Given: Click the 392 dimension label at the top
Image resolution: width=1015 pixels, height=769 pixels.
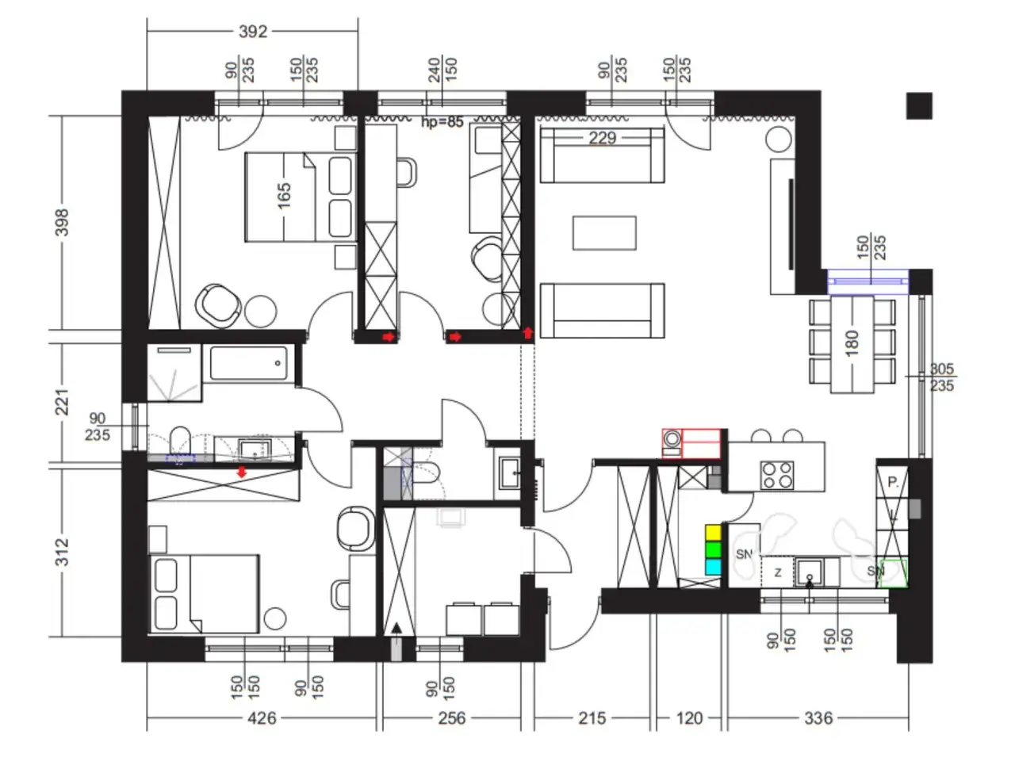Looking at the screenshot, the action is coord(252,32).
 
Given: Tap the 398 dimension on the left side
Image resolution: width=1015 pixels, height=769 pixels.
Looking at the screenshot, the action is coord(62,222).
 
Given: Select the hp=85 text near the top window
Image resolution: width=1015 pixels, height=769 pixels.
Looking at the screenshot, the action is coord(442,122).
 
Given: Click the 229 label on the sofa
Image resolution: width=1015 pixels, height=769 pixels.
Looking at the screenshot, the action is coord(602,138).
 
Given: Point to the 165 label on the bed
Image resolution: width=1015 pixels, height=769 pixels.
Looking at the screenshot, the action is coord(284,196).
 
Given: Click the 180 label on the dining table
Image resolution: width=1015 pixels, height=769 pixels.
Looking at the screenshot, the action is coord(852,343).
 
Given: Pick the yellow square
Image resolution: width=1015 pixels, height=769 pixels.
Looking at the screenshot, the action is coord(713,532).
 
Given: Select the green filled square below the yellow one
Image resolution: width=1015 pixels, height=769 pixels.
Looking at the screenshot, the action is coord(713,549).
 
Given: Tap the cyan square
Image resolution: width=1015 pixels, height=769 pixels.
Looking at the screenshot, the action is coord(713,567).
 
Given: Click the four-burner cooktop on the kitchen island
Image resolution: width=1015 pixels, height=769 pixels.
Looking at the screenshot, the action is coord(777,475).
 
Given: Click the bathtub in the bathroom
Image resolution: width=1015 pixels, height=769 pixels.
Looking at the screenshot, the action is coord(248,363).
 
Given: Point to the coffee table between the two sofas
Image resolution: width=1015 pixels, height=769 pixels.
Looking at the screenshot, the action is coord(604,233).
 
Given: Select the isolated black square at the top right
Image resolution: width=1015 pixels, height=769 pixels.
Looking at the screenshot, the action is coord(919,105).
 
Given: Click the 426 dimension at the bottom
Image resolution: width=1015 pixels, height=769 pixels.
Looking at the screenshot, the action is coord(262,718).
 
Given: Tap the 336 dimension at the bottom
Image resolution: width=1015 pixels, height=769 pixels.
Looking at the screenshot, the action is coord(818,718).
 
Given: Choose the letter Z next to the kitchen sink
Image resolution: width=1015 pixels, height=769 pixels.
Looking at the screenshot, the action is coord(778,572).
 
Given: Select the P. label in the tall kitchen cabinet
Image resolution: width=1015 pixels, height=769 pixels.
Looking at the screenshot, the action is coord(893,482).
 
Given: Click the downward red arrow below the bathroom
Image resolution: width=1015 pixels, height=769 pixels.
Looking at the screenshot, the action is coord(241,472).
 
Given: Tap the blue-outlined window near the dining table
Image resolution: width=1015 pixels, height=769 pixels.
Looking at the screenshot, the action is coord(868,281).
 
